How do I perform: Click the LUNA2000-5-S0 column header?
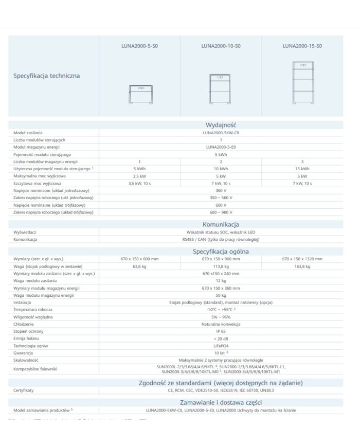coord(140,46)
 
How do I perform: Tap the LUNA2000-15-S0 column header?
coord(302,46)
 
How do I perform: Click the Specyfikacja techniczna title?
coord(47,76)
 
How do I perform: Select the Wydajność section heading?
coord(221,124)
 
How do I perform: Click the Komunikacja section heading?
coord(221,224)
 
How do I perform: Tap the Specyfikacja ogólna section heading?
coord(221,251)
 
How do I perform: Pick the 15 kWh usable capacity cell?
coord(302,169)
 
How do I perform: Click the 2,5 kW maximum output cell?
coord(140,176)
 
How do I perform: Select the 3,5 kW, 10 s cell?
coord(140,183)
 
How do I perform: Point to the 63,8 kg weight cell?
coord(140,266)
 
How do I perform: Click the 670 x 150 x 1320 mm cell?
coord(302,259)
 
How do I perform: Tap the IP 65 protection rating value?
coord(221,331)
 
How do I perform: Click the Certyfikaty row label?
coord(24,391)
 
